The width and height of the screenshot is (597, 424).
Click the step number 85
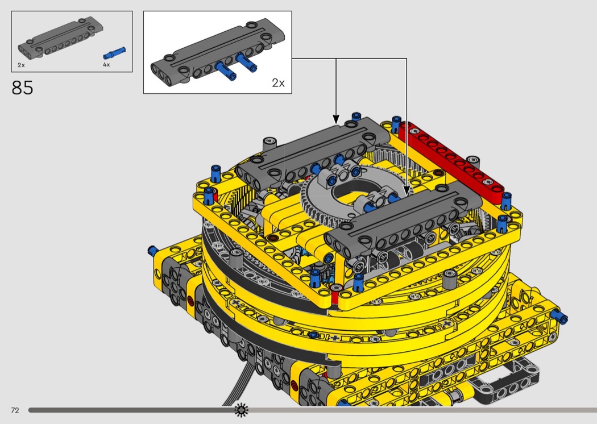coord(22,88)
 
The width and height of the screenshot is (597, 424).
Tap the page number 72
coord(15,410)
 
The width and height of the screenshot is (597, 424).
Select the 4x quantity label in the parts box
coord(106,65)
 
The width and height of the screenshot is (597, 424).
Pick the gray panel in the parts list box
coord(60,38)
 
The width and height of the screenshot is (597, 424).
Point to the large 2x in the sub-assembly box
coord(279,82)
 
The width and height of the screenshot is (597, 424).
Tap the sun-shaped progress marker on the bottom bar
coord(241,410)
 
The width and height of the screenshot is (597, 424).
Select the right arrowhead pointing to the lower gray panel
coord(407,191)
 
